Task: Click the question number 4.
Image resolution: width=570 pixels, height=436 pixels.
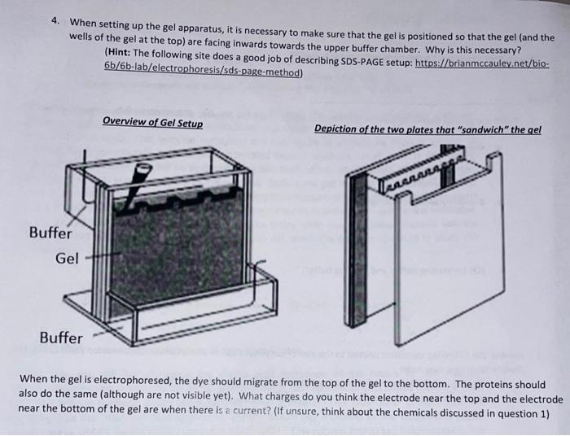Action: pyautogui.click(x=55, y=22)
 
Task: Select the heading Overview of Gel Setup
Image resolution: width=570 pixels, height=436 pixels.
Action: pyautogui.click(x=153, y=122)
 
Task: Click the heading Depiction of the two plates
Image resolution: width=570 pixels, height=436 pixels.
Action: pyautogui.click(x=427, y=129)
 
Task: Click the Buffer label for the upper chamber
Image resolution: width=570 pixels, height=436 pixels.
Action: pyautogui.click(x=50, y=232)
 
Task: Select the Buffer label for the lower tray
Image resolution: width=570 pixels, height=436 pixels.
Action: pyautogui.click(x=61, y=337)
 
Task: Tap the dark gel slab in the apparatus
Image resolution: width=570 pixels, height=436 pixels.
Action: pyautogui.click(x=175, y=252)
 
